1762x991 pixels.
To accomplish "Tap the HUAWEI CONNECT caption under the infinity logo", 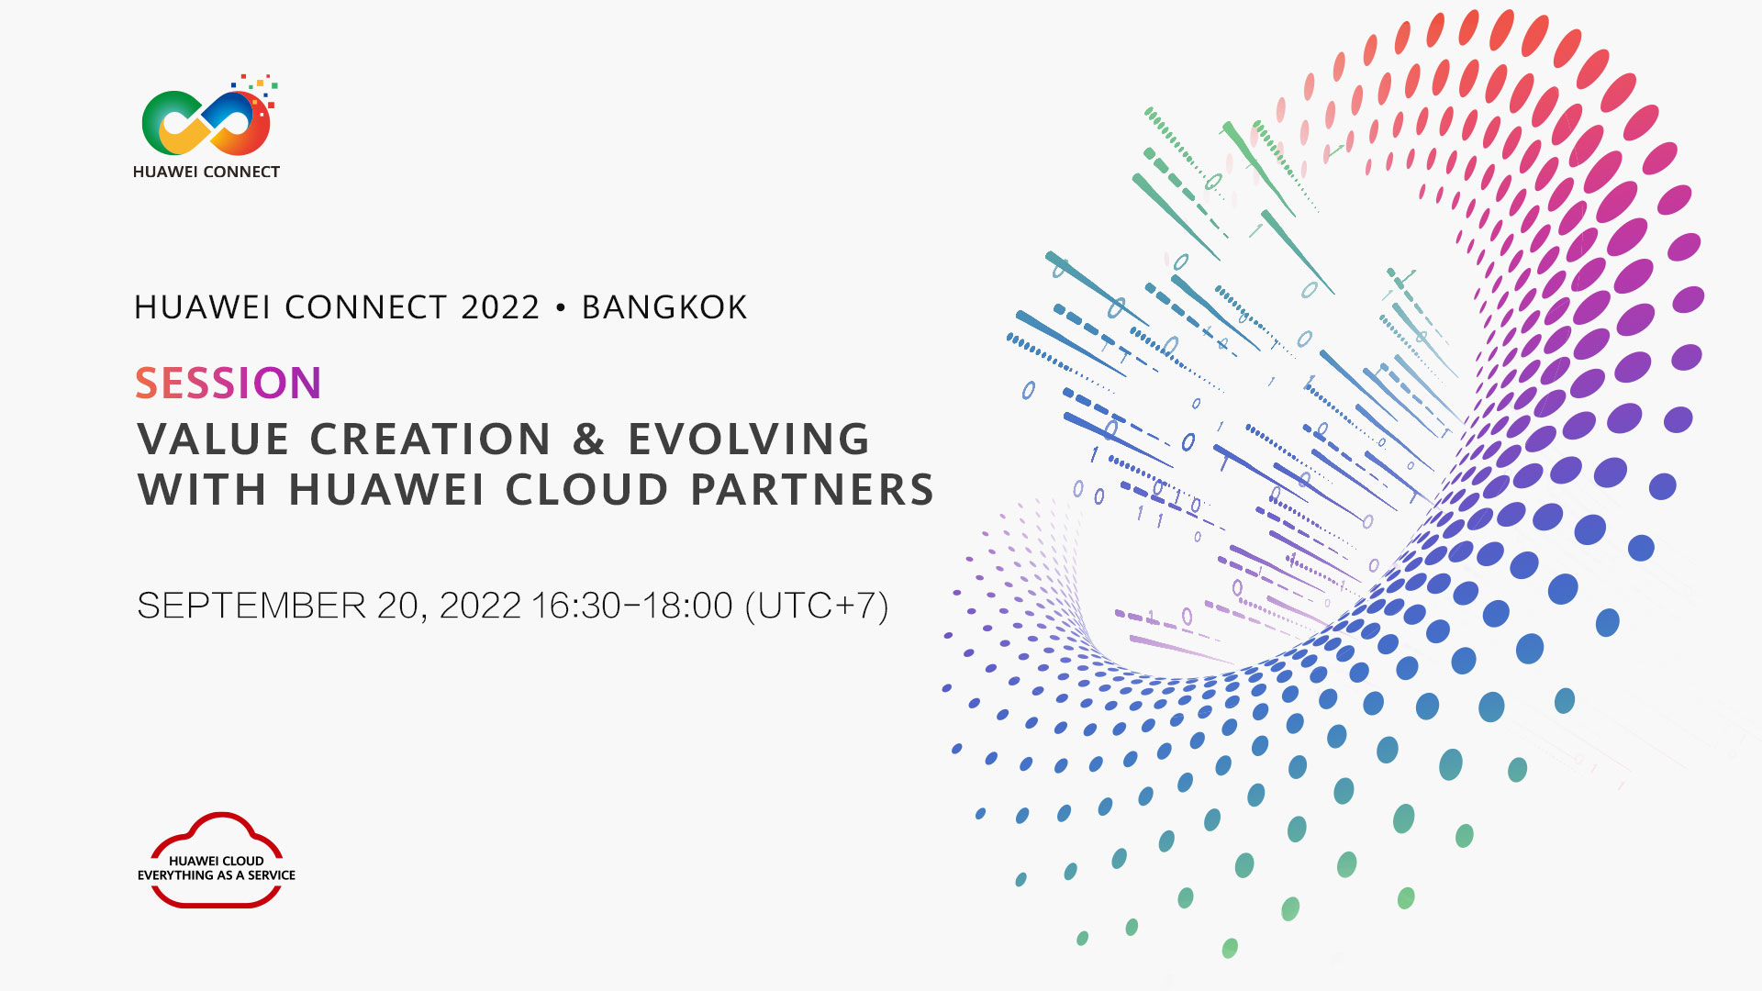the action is [206, 172].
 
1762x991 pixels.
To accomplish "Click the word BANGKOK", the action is [664, 307].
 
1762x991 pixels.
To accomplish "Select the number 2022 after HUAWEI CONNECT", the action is [500, 307].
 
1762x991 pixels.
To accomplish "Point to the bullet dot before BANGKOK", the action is [561, 307].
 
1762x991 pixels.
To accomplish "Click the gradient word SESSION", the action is [229, 383].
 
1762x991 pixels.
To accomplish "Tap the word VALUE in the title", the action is [214, 439].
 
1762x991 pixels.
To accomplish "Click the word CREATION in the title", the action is [430, 439].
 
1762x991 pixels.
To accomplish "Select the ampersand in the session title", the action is [589, 439].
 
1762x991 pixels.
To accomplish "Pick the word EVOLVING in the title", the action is [749, 439].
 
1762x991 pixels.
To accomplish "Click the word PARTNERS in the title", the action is [812, 489].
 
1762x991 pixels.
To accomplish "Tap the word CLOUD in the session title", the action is [587, 489].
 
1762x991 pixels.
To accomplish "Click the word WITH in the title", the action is [202, 489].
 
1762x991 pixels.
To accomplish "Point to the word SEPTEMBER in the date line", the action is [251, 606].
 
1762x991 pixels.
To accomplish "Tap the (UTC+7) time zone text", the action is [817, 606].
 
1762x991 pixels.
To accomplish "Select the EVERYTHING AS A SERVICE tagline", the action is [217, 875].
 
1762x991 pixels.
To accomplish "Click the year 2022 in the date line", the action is [480, 606].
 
